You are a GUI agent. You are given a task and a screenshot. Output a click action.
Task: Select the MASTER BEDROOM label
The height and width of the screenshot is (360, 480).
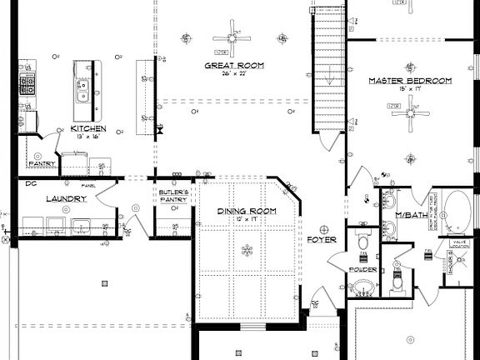(x=410, y=81)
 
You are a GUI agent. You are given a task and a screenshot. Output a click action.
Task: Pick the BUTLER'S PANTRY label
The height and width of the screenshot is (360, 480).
(x=174, y=197)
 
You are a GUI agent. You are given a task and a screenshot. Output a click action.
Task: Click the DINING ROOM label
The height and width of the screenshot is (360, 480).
(x=247, y=212)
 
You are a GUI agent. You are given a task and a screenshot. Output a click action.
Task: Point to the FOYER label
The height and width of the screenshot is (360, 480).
(x=321, y=240)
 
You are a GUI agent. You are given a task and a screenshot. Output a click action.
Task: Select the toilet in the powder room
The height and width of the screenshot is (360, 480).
(x=362, y=240)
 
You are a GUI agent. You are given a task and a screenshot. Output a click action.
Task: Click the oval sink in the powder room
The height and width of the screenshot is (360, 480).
(x=362, y=288)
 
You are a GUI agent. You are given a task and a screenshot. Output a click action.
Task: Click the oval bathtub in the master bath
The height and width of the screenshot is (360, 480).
(x=455, y=212)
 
